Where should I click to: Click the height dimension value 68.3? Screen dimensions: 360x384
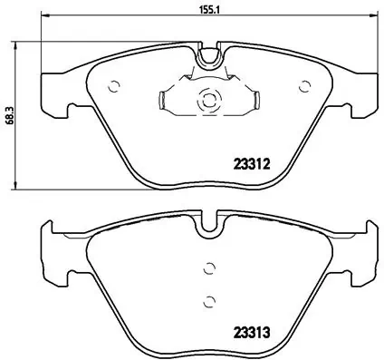pos(10,114)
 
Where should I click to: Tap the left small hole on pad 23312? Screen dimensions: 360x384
pos(113,87)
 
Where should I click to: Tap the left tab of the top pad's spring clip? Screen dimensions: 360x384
pos(161,100)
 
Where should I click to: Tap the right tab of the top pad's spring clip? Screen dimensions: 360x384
pos(255,100)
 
